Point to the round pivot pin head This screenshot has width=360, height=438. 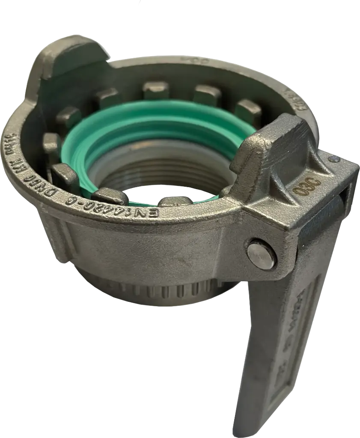(x=261, y=255)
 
